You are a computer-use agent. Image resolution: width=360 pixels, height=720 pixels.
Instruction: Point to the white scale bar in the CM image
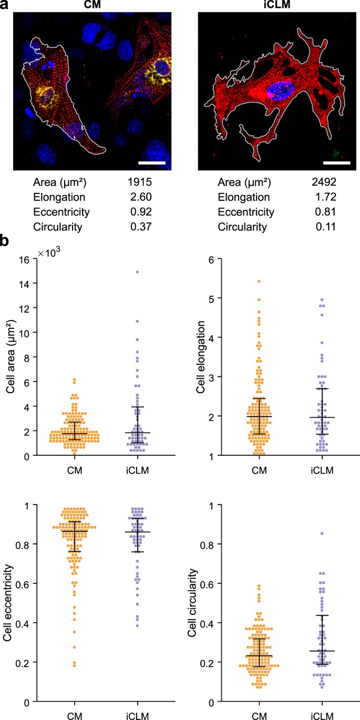click(152, 163)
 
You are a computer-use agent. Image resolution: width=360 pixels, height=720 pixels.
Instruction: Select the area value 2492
click(323, 183)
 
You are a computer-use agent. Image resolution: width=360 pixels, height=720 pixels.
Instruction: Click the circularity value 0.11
click(323, 228)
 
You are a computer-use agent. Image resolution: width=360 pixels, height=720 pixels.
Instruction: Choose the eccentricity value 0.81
click(323, 213)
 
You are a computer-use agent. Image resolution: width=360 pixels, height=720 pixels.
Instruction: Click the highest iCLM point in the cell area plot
click(137, 272)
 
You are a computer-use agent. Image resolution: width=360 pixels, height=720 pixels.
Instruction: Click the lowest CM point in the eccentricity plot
click(74, 665)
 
